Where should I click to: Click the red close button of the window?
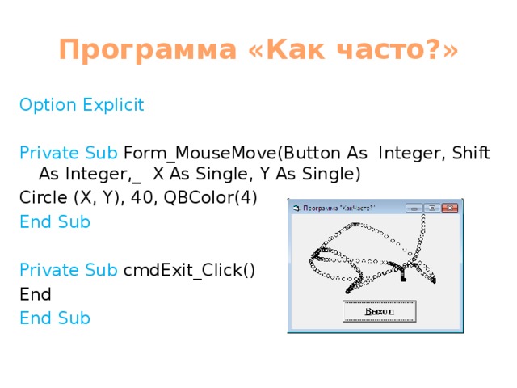[450, 208]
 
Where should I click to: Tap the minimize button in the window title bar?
[414, 208]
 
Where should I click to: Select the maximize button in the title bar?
[431, 208]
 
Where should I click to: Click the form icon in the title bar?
[296, 208]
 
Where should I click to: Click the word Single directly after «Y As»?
[334, 174]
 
